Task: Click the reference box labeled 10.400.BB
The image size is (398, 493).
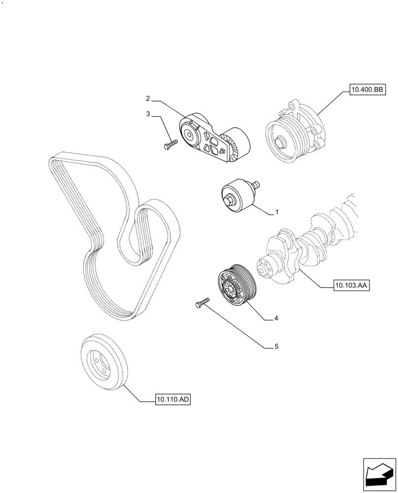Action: (366, 89)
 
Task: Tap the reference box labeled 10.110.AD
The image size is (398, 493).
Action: (173, 400)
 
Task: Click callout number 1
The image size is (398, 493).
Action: (277, 212)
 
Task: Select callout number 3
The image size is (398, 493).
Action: (148, 114)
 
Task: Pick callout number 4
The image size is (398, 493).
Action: (276, 318)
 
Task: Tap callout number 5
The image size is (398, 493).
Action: (276, 347)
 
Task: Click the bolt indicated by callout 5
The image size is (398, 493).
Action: (202, 302)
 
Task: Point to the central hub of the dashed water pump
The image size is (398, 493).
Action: (279, 142)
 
